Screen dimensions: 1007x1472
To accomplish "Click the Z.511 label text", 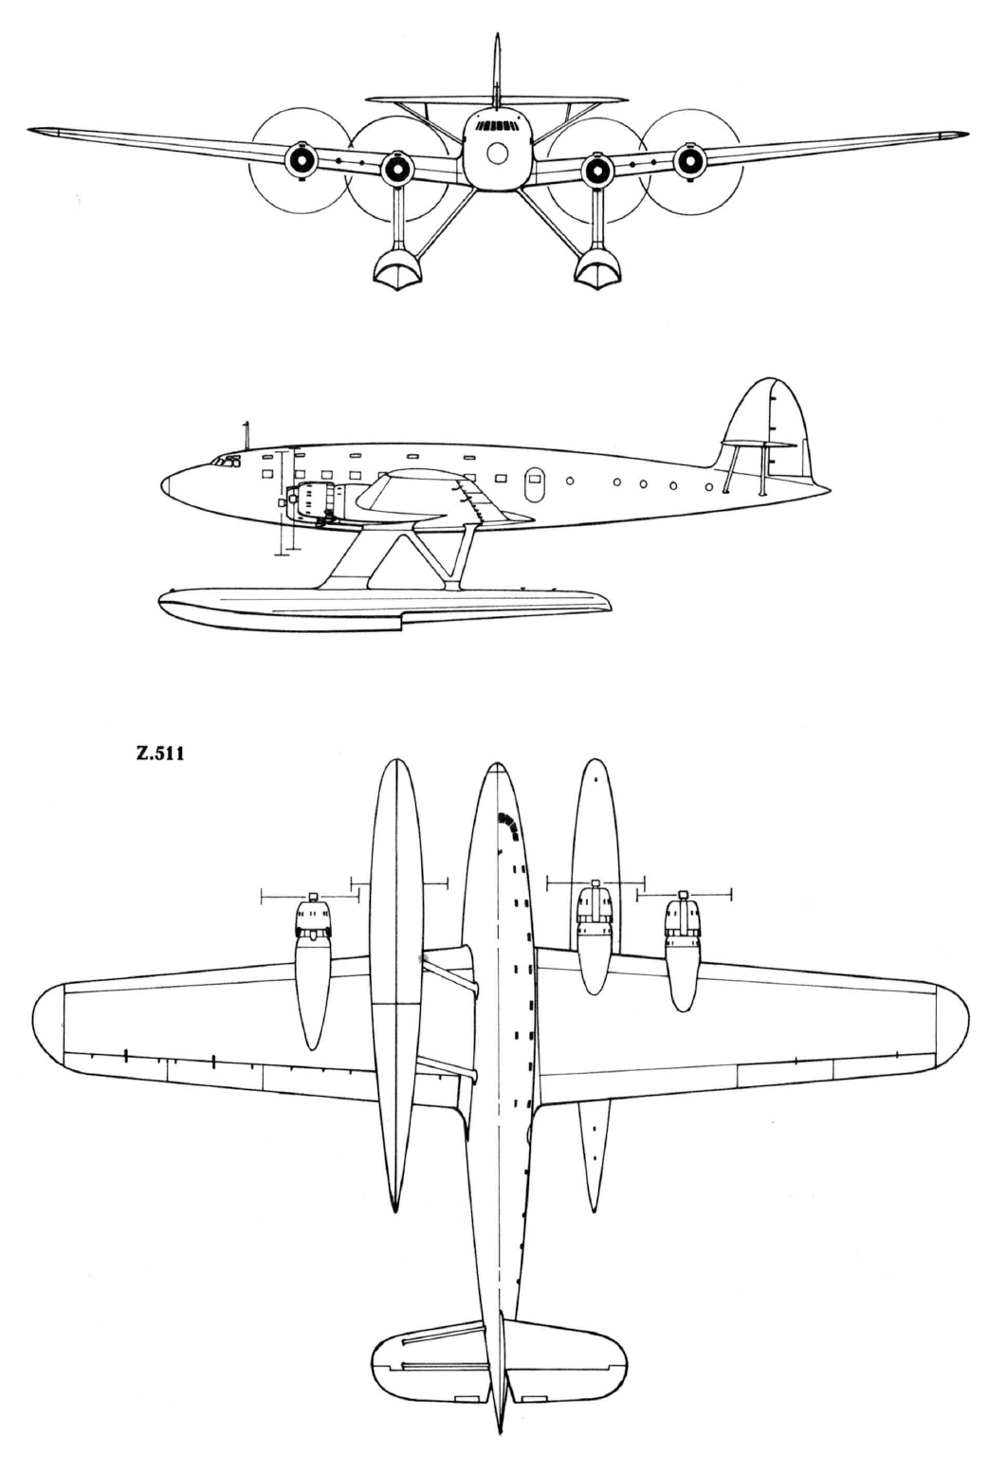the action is pos(160,754).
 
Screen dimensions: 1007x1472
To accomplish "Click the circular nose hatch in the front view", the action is pos(498,154).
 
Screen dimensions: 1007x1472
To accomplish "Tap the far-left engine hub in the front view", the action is pos(302,158).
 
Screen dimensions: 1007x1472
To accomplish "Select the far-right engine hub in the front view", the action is pos(689,158).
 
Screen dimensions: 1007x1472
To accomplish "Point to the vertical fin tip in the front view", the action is pos(498,35).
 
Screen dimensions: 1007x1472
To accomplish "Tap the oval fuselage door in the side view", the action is pos(533,485).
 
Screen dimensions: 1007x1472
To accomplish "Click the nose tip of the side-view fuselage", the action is pos(162,487).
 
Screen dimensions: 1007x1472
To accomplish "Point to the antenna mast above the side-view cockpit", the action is pos(247,435).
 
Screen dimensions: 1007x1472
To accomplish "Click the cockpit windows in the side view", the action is pos(226,462).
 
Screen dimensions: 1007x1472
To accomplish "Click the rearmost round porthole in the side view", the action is pos(708,487).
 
